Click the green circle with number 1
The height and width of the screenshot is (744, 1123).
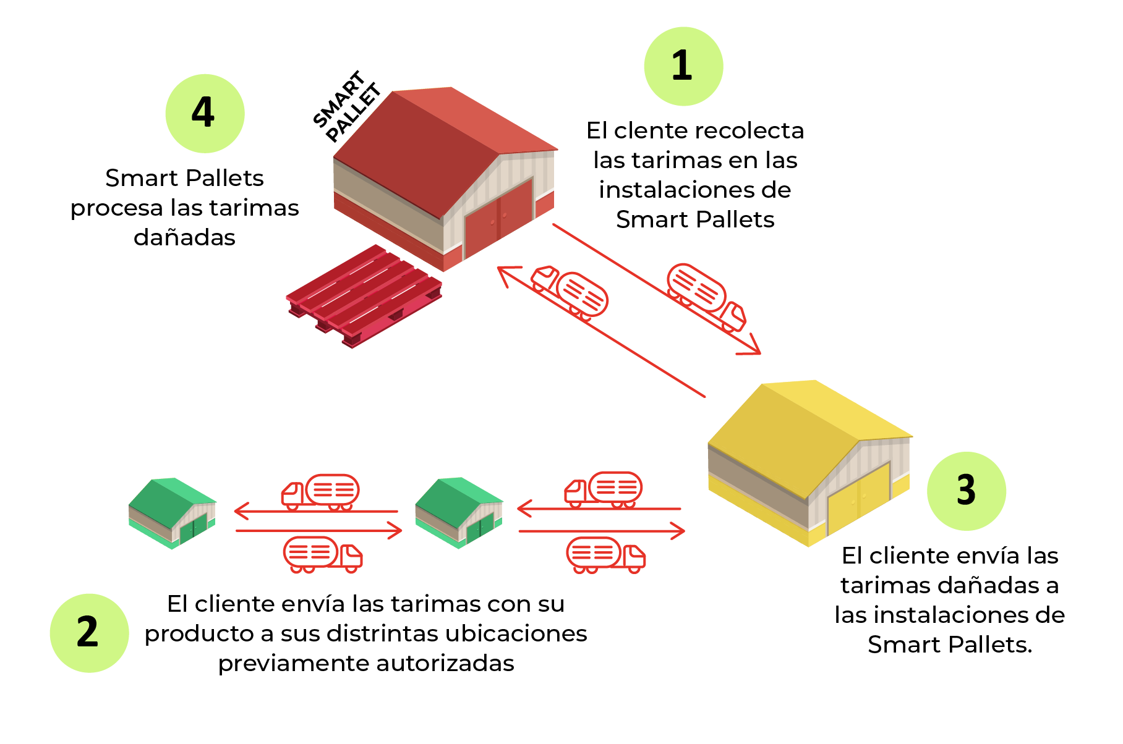683,66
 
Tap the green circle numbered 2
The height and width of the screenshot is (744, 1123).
89,633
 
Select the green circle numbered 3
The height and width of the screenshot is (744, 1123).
966,491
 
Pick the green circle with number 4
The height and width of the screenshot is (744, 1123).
205,114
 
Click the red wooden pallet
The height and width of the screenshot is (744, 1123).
364,295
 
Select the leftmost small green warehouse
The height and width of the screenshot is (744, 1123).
172,512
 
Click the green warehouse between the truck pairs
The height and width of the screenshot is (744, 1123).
459,512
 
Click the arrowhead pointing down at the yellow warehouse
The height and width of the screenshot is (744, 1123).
751,348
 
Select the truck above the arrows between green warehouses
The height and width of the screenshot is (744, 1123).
320,491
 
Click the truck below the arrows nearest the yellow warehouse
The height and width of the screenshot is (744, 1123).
605,554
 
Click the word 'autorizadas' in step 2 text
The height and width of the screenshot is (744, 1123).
445,664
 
